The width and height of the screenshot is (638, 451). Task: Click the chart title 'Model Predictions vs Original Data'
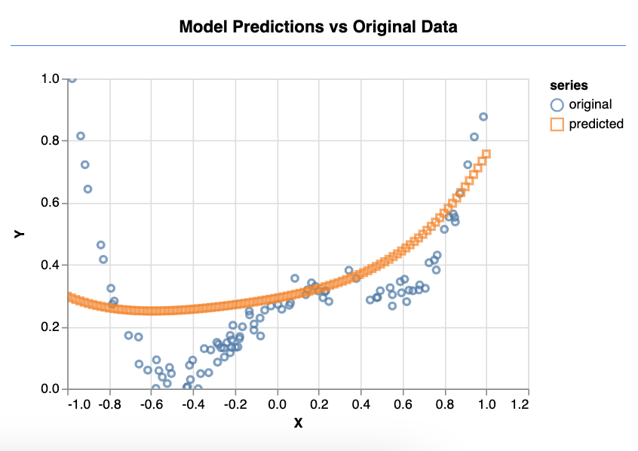point(318,27)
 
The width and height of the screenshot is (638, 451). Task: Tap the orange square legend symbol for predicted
point(558,124)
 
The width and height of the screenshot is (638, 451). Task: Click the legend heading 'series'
point(569,86)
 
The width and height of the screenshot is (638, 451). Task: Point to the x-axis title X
point(298,424)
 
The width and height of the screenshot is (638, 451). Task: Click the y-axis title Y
point(20,234)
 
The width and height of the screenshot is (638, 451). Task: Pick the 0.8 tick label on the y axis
point(50,141)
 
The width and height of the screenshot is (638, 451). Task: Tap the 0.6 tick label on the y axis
point(50,204)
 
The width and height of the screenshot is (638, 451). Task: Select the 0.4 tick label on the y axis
point(50,265)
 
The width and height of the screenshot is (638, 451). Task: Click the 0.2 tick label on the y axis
point(50,327)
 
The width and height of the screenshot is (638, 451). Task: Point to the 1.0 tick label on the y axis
point(50,79)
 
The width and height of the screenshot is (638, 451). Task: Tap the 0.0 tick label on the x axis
point(278,405)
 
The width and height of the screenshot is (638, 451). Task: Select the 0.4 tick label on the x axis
point(361,405)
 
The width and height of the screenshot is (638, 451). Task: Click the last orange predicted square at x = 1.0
point(486,154)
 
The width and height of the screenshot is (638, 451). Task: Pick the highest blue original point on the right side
point(483,116)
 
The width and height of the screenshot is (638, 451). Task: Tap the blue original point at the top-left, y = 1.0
point(72,78)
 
